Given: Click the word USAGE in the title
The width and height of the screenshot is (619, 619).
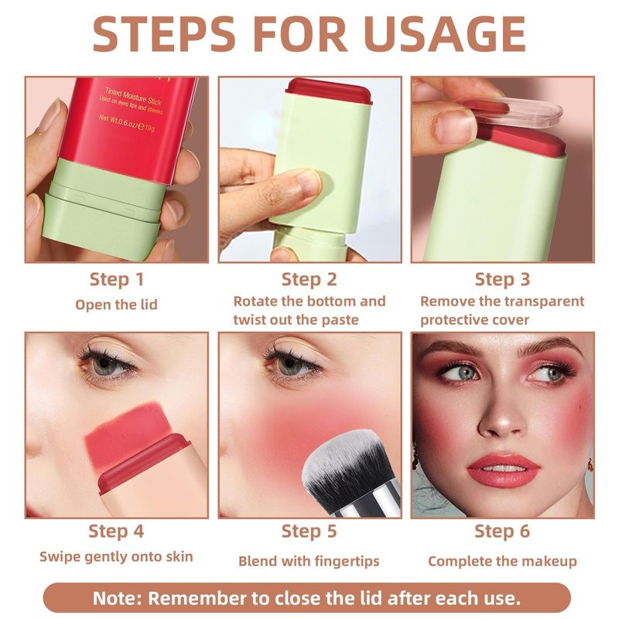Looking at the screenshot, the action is coord(443,34).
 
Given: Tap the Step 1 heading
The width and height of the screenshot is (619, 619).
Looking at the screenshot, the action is coord(117,279).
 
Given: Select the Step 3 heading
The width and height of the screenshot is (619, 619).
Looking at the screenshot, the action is coord(502,279).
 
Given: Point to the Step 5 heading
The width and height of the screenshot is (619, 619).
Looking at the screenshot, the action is coord(309,532).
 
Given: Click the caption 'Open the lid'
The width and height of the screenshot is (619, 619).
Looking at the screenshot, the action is coord(116,305).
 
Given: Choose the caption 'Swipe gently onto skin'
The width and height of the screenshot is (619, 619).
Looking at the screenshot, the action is coord(116,557).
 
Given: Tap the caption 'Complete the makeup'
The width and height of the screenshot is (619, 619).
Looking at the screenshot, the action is coord(502,562).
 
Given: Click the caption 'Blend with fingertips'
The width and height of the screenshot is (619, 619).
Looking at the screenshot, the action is coord(309,562).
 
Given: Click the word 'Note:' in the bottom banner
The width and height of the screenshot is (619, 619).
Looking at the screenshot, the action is coord(118,598).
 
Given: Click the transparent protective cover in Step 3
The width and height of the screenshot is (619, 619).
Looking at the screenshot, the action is coord(513,111).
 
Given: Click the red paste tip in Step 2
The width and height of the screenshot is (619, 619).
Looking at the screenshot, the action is coord(329,91).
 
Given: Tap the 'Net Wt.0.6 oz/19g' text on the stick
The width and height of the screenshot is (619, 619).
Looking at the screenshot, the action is coord(126,122).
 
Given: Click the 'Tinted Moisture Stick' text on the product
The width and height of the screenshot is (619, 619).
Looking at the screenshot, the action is coord(133,96).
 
